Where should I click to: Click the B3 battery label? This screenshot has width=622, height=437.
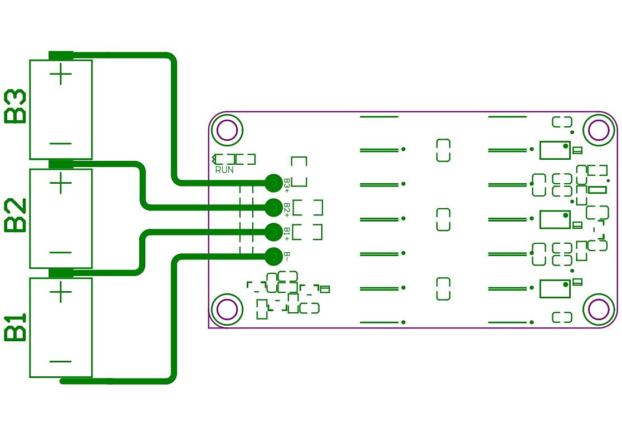point(15,106)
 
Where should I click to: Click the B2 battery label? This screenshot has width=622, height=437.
point(15,215)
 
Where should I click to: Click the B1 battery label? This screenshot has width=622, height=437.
point(15,327)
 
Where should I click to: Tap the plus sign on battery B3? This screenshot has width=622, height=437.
point(61,75)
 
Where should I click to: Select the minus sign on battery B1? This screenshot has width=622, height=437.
point(61,361)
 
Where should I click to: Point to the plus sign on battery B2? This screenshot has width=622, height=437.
point(61,183)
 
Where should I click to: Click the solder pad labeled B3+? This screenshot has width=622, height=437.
point(273,182)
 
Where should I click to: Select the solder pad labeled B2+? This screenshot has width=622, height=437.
point(273,207)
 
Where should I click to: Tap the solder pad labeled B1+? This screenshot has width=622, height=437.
point(273,232)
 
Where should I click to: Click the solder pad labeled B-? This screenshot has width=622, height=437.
point(273,257)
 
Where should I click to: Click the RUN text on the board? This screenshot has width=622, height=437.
point(224,170)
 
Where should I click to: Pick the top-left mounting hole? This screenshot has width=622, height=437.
point(227,130)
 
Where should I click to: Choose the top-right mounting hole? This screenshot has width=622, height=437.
point(599,130)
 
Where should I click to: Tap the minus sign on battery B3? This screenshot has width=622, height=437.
point(61,143)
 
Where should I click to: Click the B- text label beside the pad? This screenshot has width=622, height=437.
point(287,256)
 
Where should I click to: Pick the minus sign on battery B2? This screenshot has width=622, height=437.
point(61,252)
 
